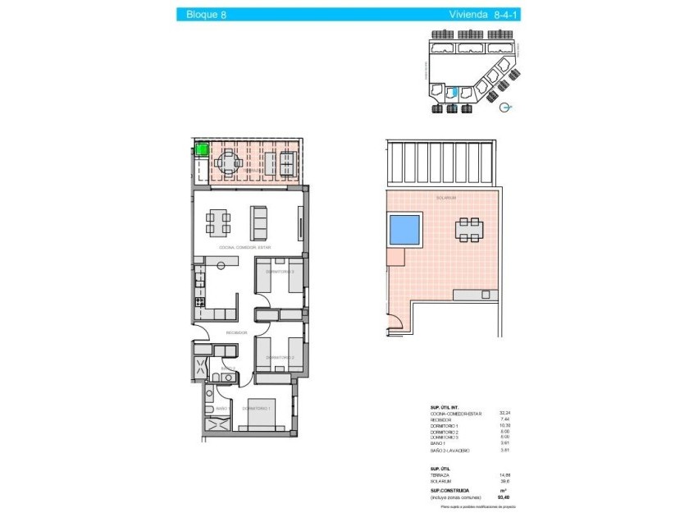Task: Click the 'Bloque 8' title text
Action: click(x=207, y=14)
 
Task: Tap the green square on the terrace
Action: click(x=201, y=149)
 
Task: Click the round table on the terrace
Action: click(x=230, y=163)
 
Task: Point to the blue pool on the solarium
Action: click(x=404, y=229)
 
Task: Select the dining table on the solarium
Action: click(x=469, y=230)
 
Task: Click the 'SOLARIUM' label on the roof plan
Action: click(x=445, y=198)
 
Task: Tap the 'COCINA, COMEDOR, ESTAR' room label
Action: click(x=245, y=247)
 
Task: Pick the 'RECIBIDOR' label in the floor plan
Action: click(x=238, y=332)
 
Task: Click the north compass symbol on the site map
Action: click(x=505, y=107)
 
